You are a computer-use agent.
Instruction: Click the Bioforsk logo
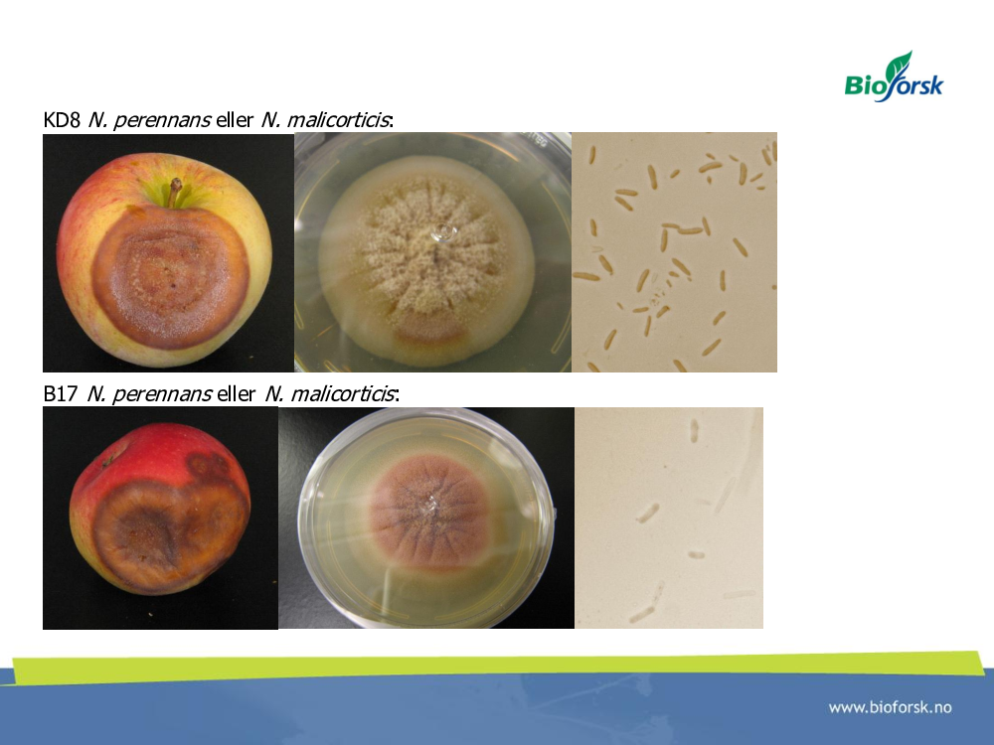click(894, 76)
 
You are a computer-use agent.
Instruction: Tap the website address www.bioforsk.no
click(890, 707)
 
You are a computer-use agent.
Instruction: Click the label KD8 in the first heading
click(62, 120)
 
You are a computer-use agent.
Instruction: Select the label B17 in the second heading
click(61, 394)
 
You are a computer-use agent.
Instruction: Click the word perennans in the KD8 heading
click(161, 120)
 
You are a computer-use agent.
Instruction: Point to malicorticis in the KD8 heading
click(338, 120)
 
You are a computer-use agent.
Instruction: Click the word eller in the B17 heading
click(236, 394)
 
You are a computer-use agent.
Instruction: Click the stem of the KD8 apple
click(174, 192)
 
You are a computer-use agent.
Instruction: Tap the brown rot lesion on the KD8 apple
click(170, 277)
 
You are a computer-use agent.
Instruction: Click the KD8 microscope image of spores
click(675, 252)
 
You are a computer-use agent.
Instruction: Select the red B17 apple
click(160, 509)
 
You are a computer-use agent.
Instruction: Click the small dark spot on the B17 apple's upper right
click(209, 466)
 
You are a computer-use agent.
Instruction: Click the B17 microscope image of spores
click(669, 518)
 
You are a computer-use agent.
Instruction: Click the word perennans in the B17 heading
click(162, 394)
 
